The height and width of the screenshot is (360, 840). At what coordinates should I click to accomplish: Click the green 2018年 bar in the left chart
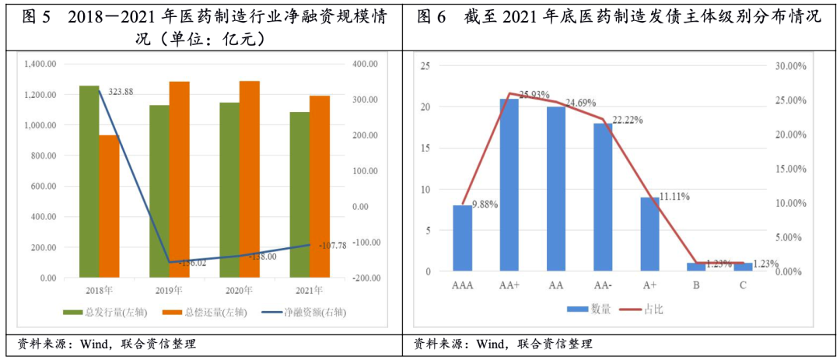(89, 181)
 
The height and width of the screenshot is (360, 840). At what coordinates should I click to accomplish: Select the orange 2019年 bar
(179, 179)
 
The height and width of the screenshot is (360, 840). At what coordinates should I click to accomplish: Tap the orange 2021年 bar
(319, 186)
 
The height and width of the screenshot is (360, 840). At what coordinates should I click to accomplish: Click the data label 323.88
(121, 92)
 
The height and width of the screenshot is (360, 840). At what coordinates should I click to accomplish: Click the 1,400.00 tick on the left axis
(41, 65)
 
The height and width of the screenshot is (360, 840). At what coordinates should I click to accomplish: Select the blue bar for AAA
(462, 238)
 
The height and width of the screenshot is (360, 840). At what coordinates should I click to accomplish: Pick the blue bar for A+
(649, 234)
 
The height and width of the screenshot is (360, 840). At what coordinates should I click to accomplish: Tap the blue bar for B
(696, 267)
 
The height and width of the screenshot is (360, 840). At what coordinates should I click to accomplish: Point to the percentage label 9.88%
(485, 204)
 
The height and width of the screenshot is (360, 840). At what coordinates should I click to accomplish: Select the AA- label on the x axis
(603, 285)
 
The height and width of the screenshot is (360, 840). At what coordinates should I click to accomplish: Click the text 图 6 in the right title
(431, 16)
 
